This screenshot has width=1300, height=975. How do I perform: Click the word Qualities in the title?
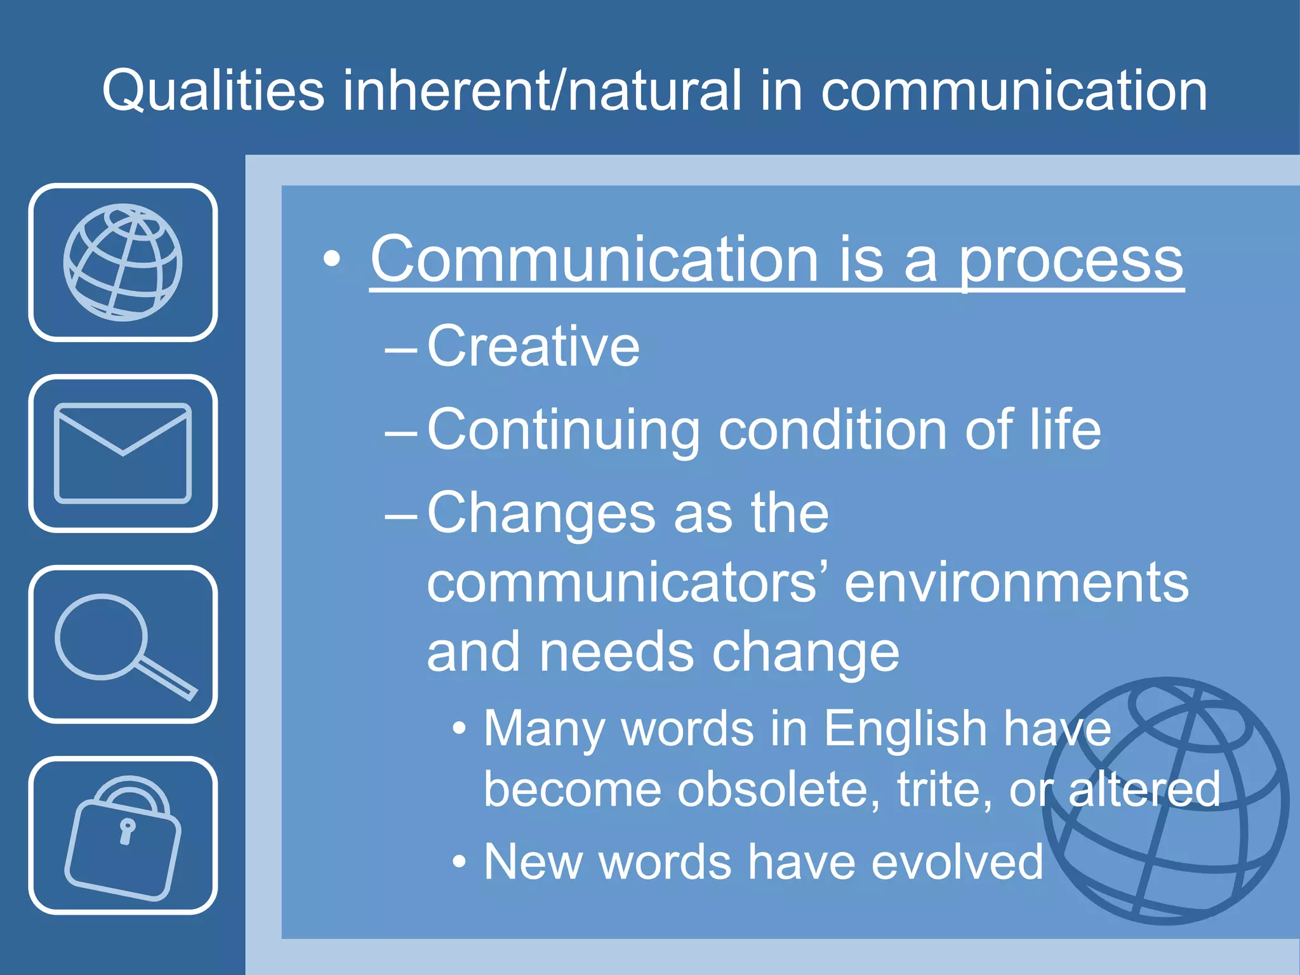213,91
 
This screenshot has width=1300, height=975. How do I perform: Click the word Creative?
533,346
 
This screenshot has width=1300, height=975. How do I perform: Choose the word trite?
944,789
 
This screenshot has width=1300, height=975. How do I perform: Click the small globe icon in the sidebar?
123,262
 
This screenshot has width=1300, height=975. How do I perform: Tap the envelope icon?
123,453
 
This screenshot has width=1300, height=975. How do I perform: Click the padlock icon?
123,837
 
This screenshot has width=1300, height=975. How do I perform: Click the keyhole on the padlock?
127,830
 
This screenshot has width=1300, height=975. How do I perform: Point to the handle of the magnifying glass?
166,679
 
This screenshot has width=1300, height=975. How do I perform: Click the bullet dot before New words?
460,863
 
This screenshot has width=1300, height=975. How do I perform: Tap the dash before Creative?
401,348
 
